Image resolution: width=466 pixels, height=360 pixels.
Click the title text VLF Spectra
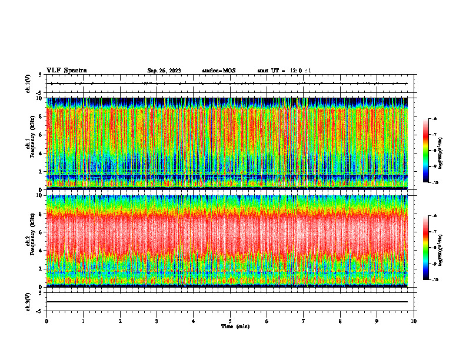click(x=66, y=71)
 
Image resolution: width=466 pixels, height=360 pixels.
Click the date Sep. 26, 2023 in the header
click(x=164, y=71)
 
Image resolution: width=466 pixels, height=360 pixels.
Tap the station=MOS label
click(x=218, y=71)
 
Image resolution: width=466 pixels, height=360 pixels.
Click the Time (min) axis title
click(x=235, y=326)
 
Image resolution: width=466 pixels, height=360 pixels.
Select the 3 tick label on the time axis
click(x=157, y=321)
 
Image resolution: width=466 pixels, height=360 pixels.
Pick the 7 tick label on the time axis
click(x=303, y=321)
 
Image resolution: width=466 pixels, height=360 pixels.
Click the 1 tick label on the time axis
click(x=84, y=321)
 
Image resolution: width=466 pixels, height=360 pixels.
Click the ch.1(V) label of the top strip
click(x=28, y=84)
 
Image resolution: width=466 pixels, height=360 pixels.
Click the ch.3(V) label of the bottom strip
click(x=28, y=301)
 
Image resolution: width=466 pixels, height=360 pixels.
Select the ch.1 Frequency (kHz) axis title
click(x=29, y=144)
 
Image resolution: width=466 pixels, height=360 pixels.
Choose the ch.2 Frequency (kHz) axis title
click(x=29, y=241)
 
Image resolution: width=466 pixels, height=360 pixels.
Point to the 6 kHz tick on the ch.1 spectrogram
click(x=41, y=135)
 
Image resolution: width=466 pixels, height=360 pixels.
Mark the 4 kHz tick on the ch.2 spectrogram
click(x=41, y=250)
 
